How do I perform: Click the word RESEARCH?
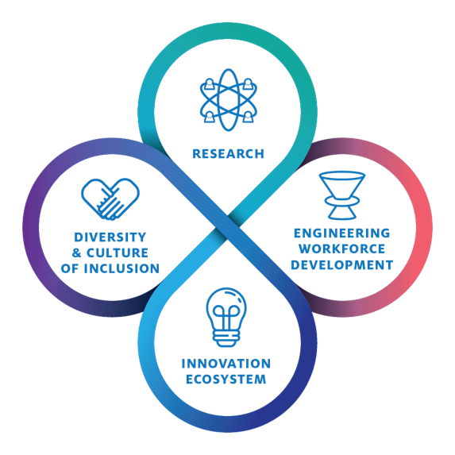click(x=228, y=154)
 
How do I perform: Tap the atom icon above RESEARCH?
click(x=229, y=100)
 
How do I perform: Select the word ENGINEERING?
click(x=341, y=233)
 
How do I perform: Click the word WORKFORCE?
click(x=341, y=249)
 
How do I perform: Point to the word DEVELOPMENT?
click(x=341, y=265)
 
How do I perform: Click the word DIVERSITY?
click(x=110, y=237)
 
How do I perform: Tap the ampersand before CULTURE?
click(x=76, y=253)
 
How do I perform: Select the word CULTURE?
click(x=118, y=253)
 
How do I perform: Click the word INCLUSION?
click(x=121, y=268)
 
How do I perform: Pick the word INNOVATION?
click(x=226, y=364)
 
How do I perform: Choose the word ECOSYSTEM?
click(x=226, y=380)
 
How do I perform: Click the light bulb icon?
click(x=226, y=317)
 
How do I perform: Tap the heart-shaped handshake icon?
click(x=110, y=199)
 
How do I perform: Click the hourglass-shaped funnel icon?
click(x=342, y=195)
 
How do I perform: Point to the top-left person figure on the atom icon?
click(x=209, y=84)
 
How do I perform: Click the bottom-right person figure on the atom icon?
click(x=248, y=117)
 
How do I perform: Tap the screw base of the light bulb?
click(x=226, y=338)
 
